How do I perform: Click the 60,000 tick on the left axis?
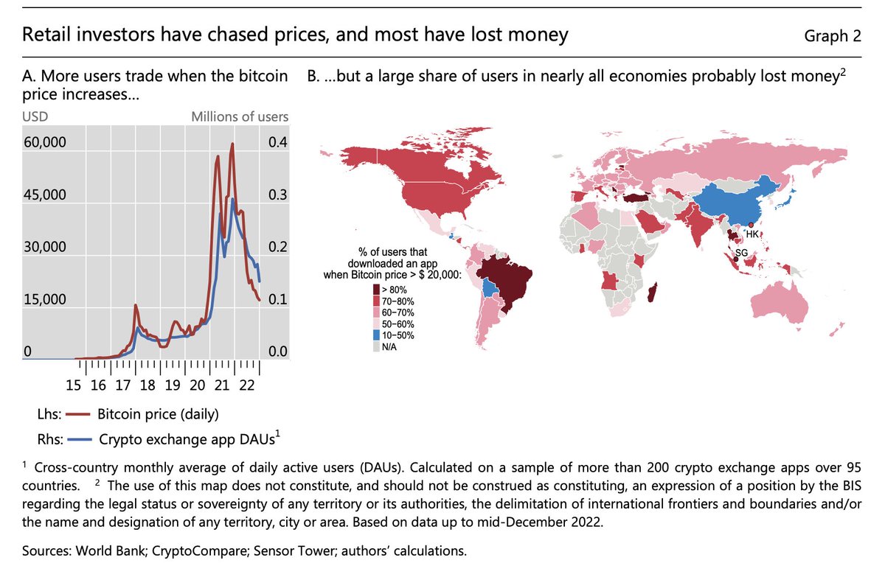(x=46, y=142)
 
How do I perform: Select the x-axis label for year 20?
(x=197, y=384)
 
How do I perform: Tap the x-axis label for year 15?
(x=73, y=384)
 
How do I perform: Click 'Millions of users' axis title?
(x=240, y=116)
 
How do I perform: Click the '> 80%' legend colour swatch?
(x=378, y=289)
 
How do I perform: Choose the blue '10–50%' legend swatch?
(x=378, y=335)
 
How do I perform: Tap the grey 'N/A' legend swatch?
(x=378, y=346)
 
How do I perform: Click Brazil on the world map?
(x=509, y=280)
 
